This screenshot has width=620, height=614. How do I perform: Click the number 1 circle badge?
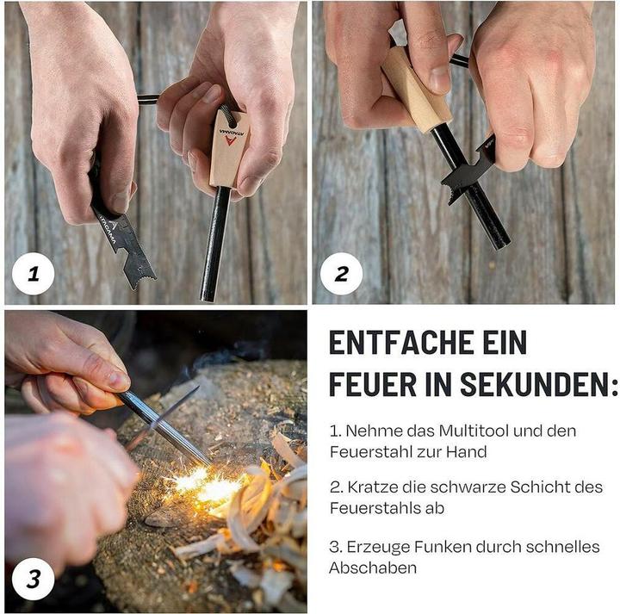point(34,274)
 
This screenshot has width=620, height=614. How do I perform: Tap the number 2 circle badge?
point(341,274)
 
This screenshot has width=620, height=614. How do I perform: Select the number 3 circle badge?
point(34,580)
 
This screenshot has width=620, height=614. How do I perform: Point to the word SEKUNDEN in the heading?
point(534,384)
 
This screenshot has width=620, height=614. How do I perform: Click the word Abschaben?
point(373,568)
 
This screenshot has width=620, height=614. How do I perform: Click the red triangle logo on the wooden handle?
point(230,140)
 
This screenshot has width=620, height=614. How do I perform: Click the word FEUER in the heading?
point(373,384)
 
